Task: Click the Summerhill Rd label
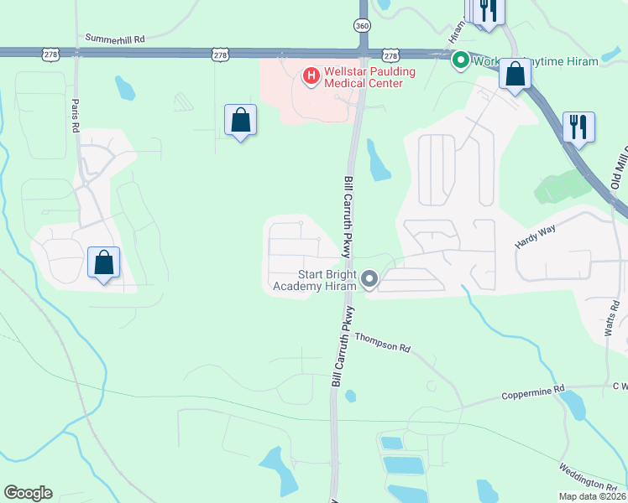pyautogui.click(x=115, y=39)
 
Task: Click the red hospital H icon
pyautogui.click(x=311, y=77)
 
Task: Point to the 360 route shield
pyautogui.click(x=362, y=26)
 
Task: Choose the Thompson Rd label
pyautogui.click(x=382, y=342)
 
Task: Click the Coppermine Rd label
pyautogui.click(x=533, y=393)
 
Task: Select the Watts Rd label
pyautogui.click(x=613, y=319)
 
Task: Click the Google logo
pyautogui.click(x=28, y=493)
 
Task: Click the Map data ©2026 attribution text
pyautogui.click(x=593, y=496)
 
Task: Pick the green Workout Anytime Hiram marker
pyautogui.click(x=460, y=60)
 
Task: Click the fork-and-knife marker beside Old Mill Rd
pyautogui.click(x=578, y=127)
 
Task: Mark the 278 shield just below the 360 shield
pyautogui.click(x=390, y=54)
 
